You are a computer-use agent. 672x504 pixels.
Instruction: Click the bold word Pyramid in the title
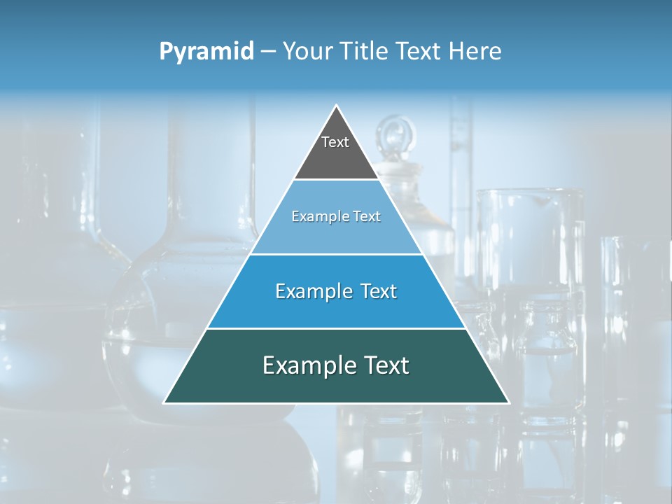(x=206, y=52)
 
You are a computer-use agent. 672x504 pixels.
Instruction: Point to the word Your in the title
(x=308, y=51)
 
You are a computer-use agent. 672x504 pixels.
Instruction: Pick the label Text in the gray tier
(x=335, y=142)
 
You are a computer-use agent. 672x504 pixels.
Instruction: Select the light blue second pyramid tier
(x=336, y=234)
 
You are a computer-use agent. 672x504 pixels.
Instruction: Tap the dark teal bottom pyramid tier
(x=336, y=385)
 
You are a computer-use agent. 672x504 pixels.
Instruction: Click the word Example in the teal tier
(x=306, y=365)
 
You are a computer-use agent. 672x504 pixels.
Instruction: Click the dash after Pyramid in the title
(x=268, y=52)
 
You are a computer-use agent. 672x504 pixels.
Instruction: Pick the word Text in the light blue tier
(x=365, y=217)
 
